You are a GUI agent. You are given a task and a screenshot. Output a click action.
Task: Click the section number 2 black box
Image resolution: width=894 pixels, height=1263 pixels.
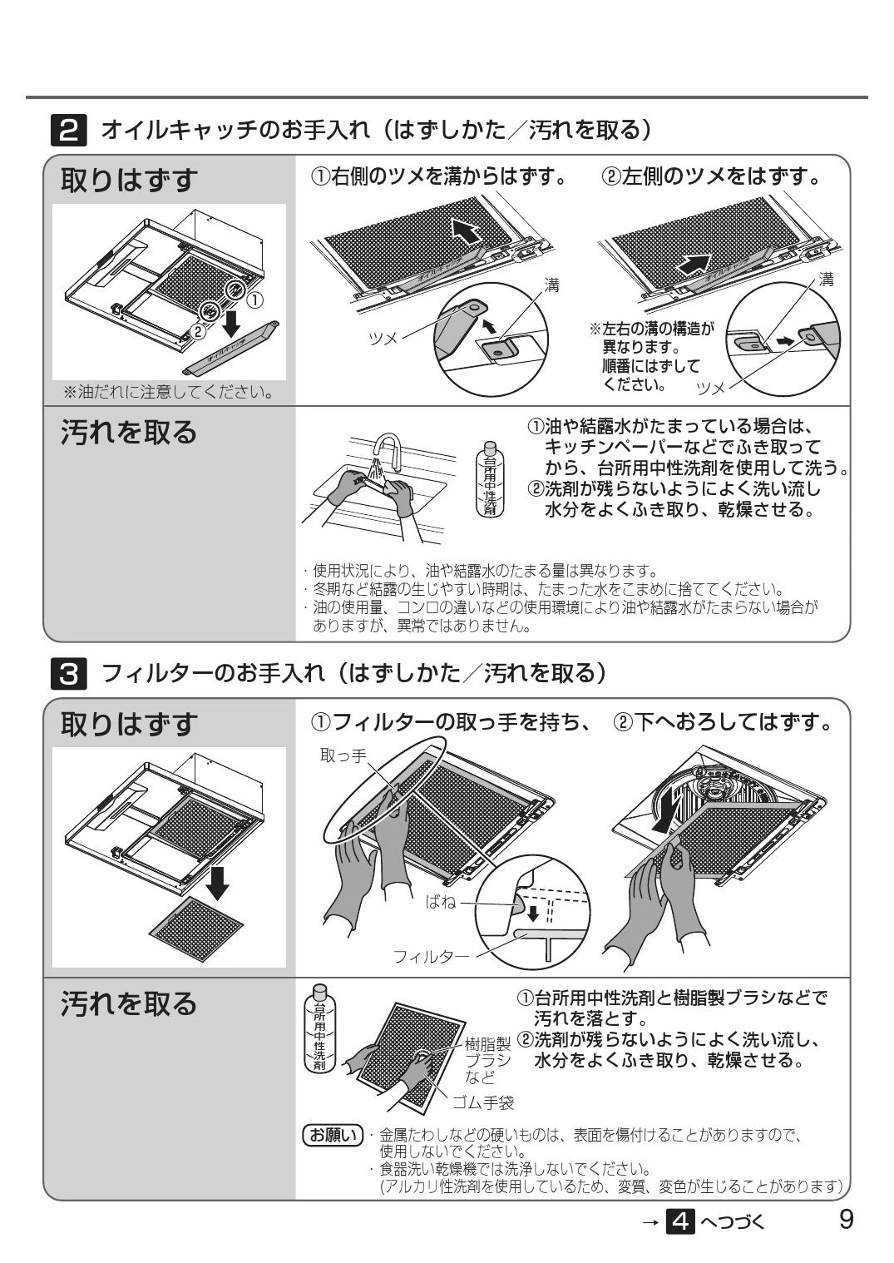pos(69,131)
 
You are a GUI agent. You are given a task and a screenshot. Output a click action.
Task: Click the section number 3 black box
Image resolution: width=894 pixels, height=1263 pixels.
pos(69,673)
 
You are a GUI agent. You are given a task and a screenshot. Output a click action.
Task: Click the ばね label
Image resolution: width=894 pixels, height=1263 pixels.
pos(440,902)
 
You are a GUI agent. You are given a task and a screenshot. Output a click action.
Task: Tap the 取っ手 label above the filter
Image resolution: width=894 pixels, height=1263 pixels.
pos(343,755)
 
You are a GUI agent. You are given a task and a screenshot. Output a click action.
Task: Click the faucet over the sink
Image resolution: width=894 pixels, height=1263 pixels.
pos(388,452)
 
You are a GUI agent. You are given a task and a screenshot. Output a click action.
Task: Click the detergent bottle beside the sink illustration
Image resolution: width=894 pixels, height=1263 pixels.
pos(490,478)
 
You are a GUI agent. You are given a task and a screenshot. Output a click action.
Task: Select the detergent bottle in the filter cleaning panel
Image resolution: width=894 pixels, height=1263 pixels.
pos(319,1030)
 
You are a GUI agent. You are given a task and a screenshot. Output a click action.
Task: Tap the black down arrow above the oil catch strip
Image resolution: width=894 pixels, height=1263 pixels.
pos(232,322)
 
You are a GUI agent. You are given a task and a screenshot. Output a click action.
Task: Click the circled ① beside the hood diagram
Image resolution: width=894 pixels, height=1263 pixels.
pos(255,300)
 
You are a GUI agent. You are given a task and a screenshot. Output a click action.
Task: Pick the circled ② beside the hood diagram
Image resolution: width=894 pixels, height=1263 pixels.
pos(197,331)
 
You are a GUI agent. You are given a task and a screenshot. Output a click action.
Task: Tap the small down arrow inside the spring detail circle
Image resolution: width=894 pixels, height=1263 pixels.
pos(533,913)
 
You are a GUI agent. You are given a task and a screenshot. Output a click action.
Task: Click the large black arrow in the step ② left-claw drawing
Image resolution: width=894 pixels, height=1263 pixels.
pos(694,264)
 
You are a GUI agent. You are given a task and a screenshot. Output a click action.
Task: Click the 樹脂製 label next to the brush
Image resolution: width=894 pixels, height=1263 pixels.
pos(487,1044)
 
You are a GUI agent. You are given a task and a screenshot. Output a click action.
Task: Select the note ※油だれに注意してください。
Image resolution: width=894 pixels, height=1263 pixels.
pos(169,392)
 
